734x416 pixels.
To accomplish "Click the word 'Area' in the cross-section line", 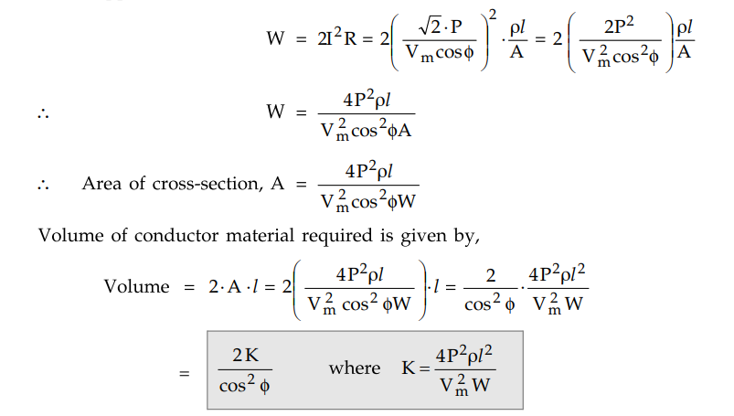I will point(101,183).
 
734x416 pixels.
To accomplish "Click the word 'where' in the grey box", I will point(355,368).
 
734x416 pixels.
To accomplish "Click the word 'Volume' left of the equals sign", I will point(136,286).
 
